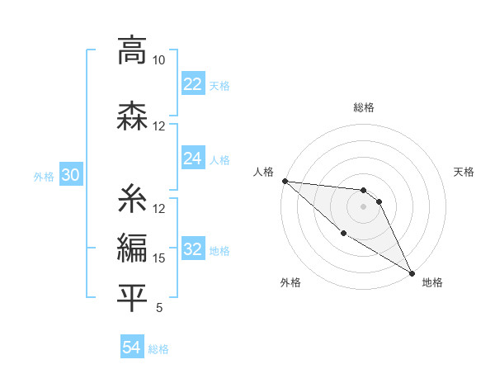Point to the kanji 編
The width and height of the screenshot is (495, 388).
tap(132, 247)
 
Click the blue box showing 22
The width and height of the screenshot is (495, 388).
tap(192, 84)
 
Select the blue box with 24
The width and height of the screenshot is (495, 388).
tap(192, 159)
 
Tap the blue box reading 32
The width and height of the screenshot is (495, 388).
tap(192, 250)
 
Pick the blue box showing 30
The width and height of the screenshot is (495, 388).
tap(70, 176)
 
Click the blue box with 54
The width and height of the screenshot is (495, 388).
tap(131, 348)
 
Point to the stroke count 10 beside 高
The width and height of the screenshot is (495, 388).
tap(158, 60)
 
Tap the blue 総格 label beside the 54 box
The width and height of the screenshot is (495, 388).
tap(158, 349)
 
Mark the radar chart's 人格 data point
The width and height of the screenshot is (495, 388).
tap(285, 181)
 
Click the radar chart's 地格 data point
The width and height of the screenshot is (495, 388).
tap(412, 272)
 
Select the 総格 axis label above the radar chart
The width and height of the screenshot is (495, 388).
tap(363, 107)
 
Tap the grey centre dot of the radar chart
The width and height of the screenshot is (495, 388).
tap(363, 206)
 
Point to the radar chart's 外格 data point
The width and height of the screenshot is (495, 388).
tap(343, 233)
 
